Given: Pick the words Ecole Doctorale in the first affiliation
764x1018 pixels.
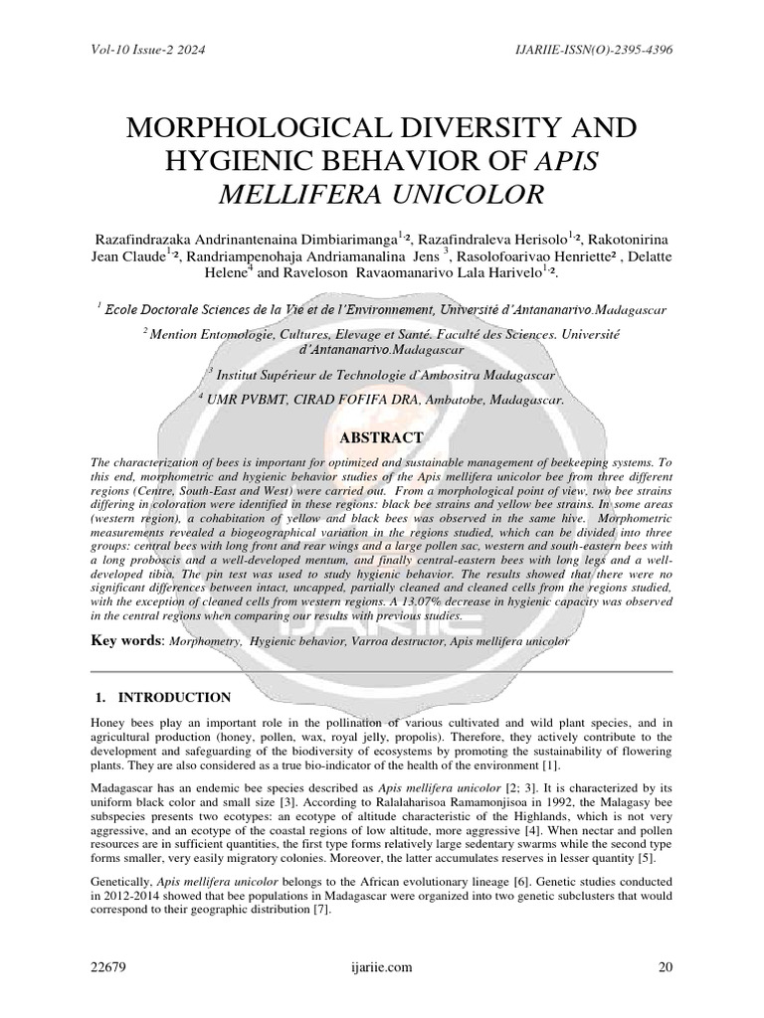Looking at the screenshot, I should (x=151, y=310).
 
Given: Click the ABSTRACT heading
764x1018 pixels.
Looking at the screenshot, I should (x=382, y=437).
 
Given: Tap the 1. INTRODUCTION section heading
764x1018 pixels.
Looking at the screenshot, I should (x=169, y=697).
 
